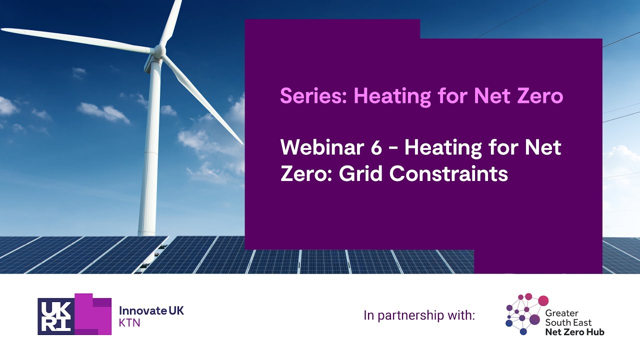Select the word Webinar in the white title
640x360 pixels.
pos(323,148)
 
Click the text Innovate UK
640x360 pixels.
pos(151,310)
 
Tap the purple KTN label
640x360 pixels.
pos(129,323)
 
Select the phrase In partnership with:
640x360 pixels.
pos(419,315)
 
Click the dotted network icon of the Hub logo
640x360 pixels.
pos(525,314)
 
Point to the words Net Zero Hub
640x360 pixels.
pos(574,331)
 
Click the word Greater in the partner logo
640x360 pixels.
pos(561,313)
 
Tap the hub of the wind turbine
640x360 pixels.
pos(159,50)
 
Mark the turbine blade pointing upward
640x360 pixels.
pos(171,22)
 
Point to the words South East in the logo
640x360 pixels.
pos(568,322)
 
